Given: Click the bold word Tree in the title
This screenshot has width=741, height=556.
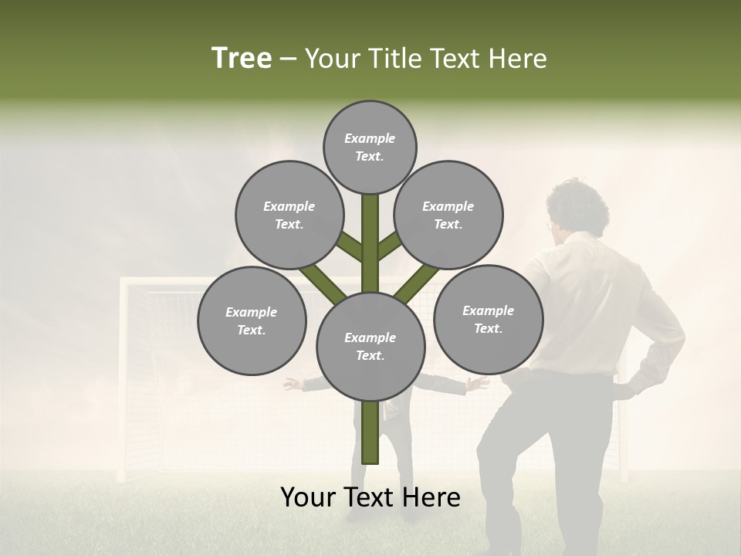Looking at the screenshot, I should (242, 58).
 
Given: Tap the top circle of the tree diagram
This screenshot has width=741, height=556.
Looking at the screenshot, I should (370, 147).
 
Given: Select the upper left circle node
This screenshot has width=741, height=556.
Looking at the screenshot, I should (289, 215).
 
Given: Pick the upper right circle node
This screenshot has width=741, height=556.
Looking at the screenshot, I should (448, 215).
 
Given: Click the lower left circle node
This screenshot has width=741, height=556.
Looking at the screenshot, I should (252, 320).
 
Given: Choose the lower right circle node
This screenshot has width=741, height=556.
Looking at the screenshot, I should (488, 319).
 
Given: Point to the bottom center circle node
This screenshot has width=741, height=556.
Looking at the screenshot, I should (370, 346).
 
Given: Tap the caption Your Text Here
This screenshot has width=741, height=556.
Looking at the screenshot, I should (370, 497).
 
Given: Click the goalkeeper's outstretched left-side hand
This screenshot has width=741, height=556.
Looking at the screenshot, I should (292, 383).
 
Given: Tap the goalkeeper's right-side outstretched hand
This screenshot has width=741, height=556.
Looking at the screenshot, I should (480, 382).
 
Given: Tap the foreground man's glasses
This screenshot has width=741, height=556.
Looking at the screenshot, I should (550, 225).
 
